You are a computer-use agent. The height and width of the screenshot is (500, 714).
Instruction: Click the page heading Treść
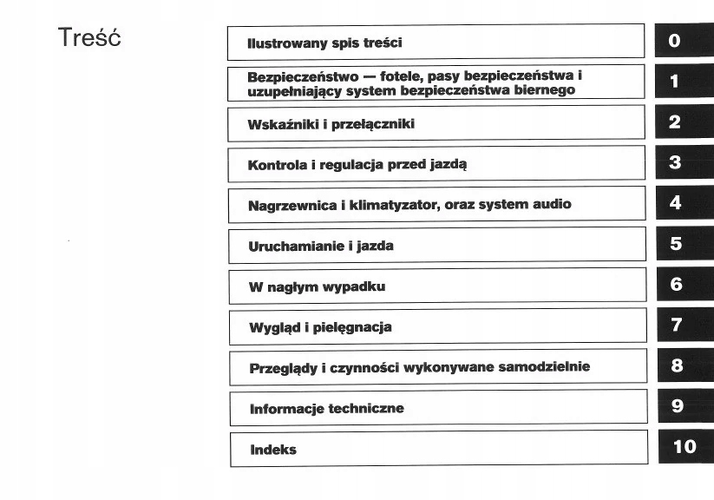[x=88, y=39]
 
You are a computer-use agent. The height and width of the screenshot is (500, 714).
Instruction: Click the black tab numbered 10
[x=684, y=446]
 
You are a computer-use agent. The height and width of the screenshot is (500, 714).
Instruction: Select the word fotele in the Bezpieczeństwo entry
[x=403, y=76]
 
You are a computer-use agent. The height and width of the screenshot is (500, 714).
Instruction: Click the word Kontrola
[x=276, y=164]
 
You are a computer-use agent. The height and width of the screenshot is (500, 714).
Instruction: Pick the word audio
[x=552, y=205]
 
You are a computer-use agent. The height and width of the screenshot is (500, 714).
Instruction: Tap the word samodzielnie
[x=544, y=367]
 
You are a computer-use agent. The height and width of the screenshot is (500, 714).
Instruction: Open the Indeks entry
[x=272, y=449]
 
